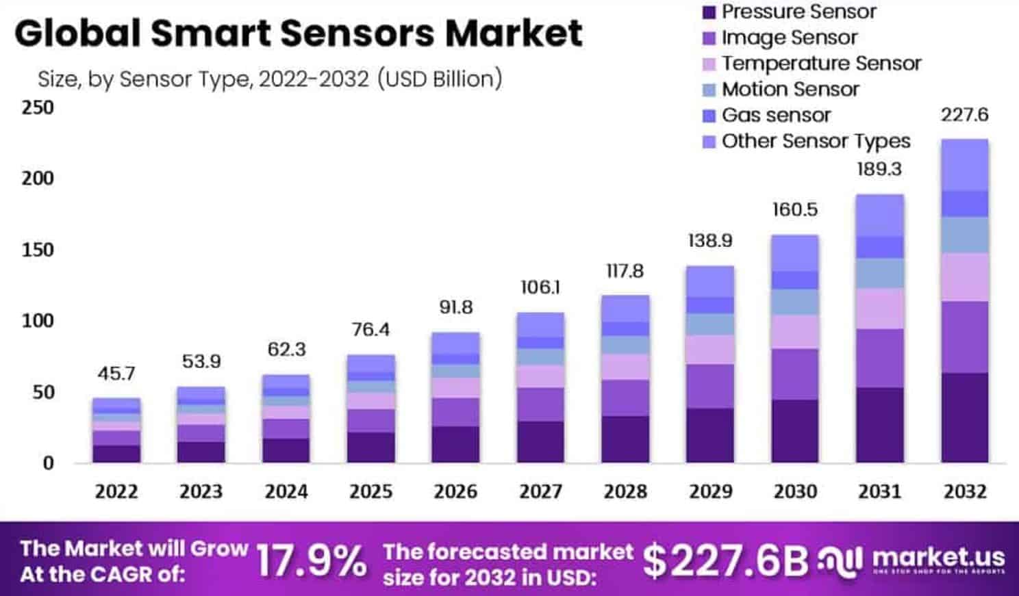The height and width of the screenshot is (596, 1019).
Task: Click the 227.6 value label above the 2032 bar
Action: coord(964,114)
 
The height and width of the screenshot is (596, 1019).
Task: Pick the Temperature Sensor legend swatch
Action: coord(709,64)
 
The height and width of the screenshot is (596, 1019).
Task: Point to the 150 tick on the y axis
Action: coord(38,250)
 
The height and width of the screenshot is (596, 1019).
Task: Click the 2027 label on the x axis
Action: coord(540,491)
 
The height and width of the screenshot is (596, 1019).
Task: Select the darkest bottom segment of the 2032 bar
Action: coord(964,417)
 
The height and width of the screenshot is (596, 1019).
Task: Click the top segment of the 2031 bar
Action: coord(879,215)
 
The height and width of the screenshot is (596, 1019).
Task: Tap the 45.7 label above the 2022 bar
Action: coord(116,374)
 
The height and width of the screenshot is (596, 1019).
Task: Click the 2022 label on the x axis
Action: coord(116,491)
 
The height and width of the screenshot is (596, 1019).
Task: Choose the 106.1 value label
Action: coord(540,287)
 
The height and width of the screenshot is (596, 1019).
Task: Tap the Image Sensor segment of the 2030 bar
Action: coord(794,374)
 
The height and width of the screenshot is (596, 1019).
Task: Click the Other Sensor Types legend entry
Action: coord(815,141)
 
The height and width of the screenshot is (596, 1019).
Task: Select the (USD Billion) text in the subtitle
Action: coord(439,79)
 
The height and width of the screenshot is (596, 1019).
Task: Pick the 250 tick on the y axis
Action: coord(38,107)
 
